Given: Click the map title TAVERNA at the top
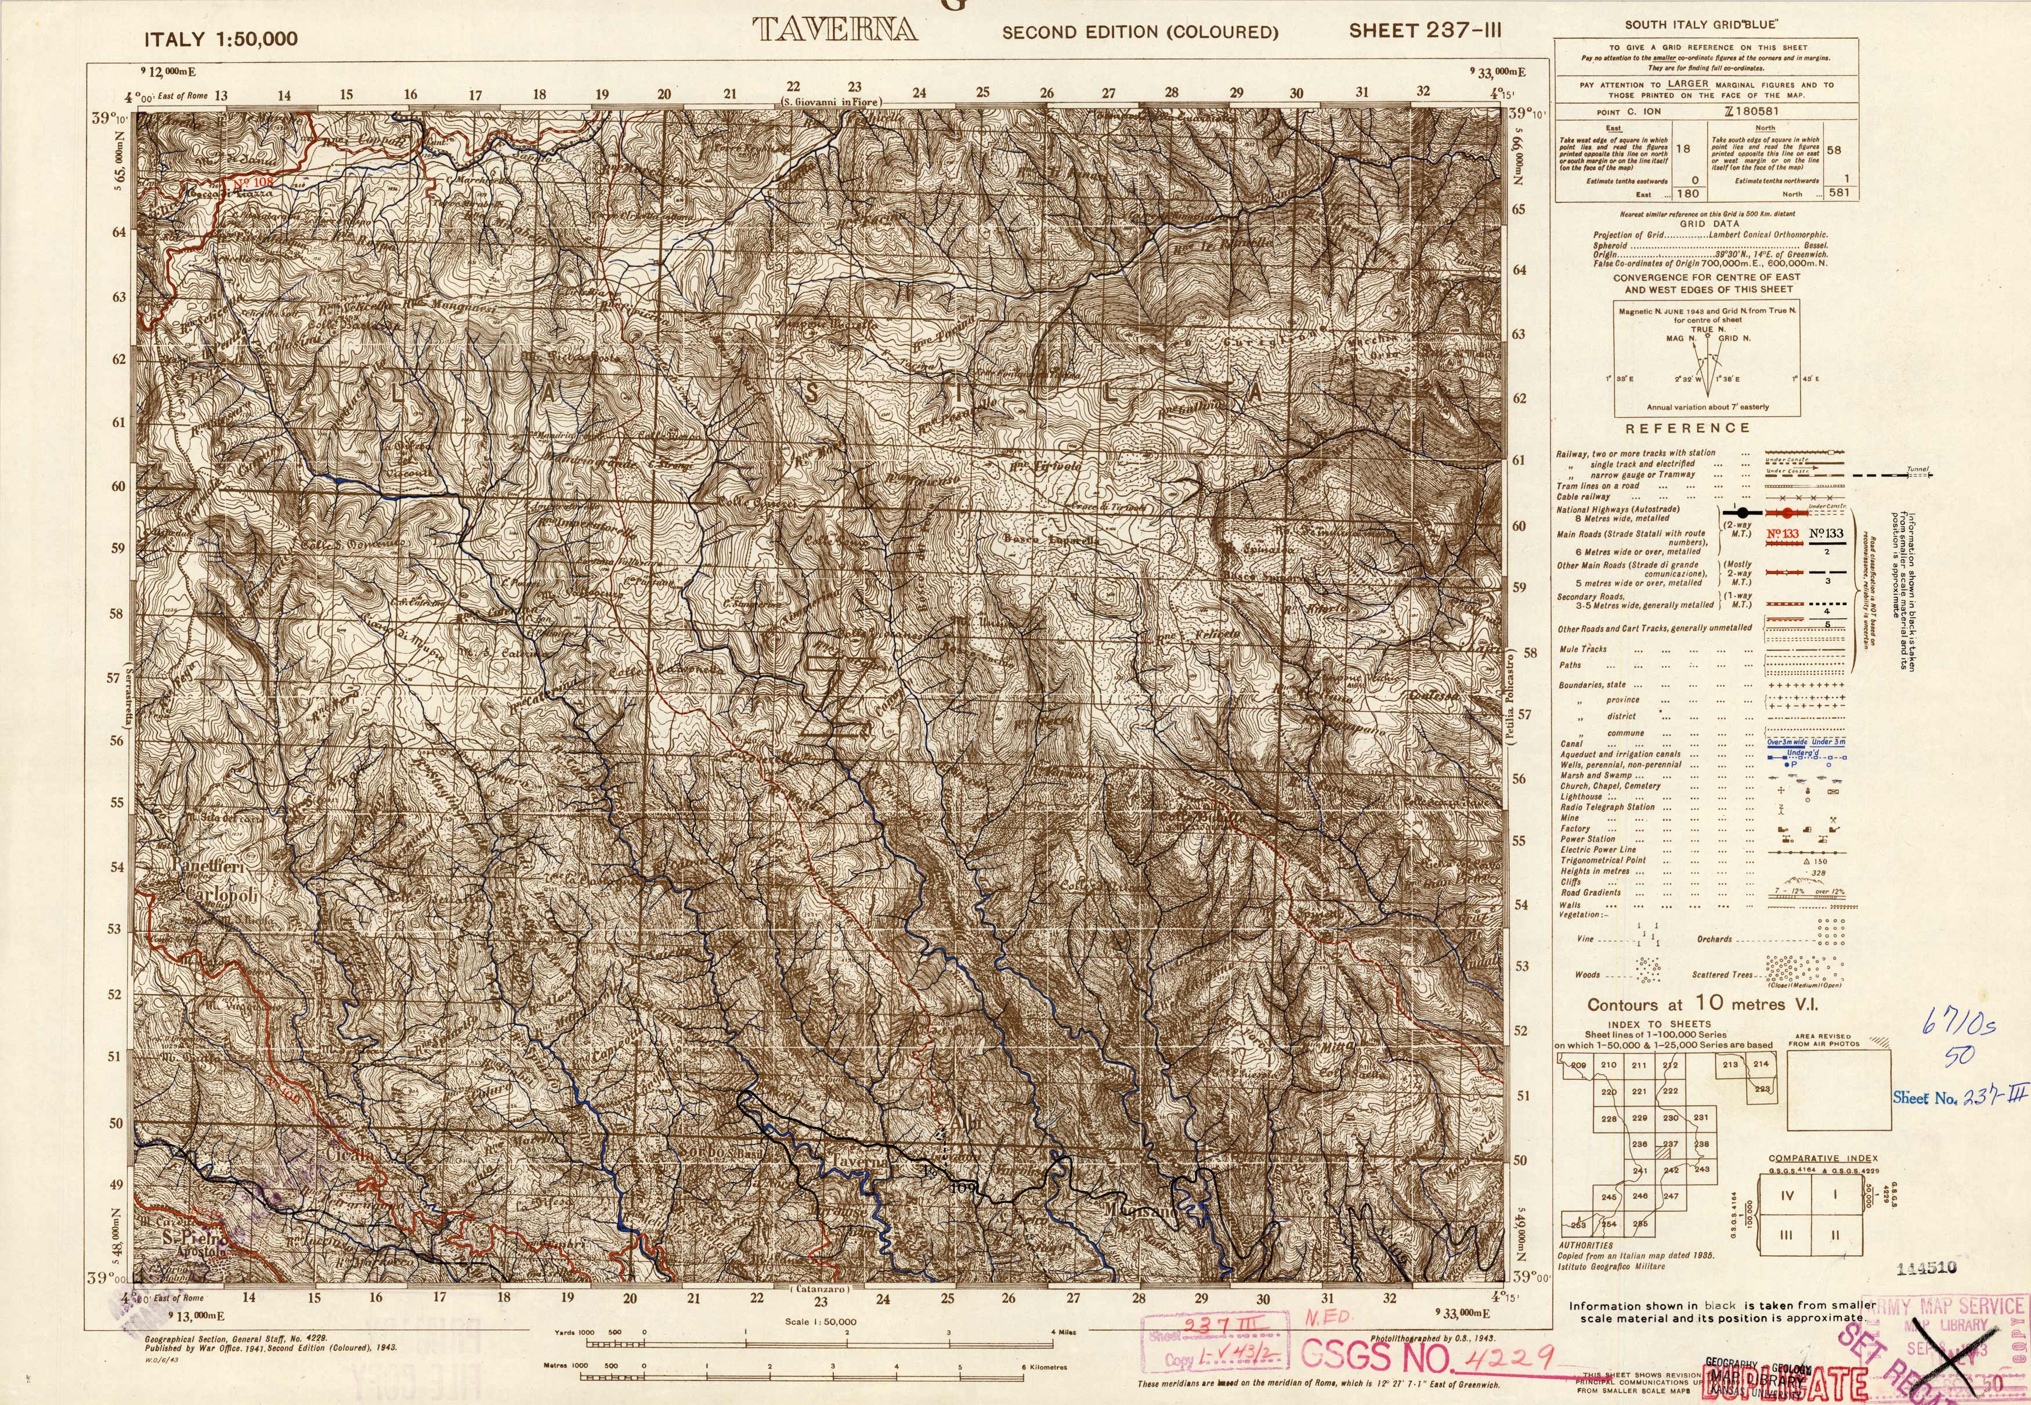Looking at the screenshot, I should (x=834, y=30).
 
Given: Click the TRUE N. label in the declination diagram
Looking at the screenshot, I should (x=1705, y=329).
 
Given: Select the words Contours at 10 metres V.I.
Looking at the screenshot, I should (x=1702, y=1004).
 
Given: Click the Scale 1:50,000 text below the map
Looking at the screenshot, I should (x=820, y=1322).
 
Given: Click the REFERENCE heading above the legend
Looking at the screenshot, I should (x=1687, y=428).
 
